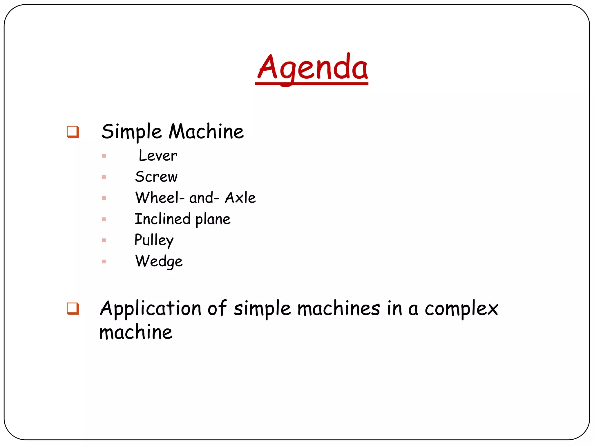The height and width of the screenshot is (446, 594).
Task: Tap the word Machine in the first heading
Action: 206,132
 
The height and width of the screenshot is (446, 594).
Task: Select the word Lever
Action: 158,156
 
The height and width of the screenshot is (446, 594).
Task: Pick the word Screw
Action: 156,177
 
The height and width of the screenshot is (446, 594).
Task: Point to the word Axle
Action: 240,198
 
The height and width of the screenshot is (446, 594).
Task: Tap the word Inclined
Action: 163,219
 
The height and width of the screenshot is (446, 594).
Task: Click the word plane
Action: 213,220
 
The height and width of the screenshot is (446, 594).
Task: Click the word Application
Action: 151,309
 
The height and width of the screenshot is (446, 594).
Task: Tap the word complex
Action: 461,309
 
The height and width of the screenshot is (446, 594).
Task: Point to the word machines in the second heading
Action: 338,308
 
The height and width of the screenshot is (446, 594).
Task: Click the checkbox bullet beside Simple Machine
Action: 73,132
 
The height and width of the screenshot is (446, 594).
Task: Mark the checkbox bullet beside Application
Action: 73,308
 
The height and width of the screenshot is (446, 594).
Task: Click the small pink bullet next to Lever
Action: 104,156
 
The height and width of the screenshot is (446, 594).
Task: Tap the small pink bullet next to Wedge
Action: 104,262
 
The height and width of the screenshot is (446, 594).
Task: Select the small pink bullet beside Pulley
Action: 104,240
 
